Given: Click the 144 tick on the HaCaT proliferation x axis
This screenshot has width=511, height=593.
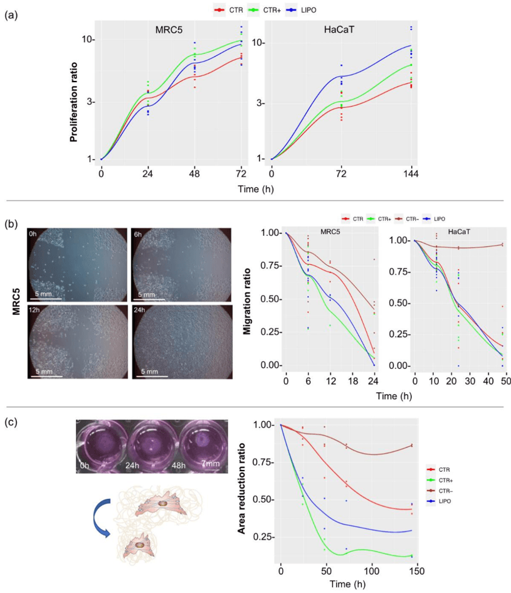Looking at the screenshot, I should pyautogui.click(x=411, y=173).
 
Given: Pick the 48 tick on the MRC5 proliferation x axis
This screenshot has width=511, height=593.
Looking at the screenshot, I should pyautogui.click(x=194, y=173).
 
